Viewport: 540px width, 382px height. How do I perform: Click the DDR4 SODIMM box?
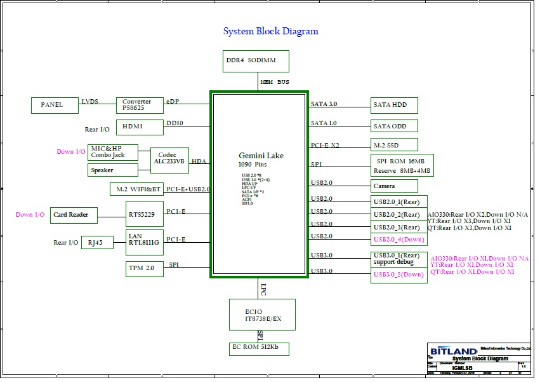pyautogui.click(x=256, y=61)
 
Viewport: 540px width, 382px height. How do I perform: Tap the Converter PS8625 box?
pyautogui.click(x=139, y=106)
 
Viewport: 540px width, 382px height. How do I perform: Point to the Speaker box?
pyautogui.click(x=113, y=170)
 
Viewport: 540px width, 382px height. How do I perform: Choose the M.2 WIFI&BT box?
pyautogui.click(x=136, y=189)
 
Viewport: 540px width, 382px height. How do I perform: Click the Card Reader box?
pyautogui.click(x=74, y=215)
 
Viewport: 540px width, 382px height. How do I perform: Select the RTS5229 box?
pyautogui.click(x=145, y=214)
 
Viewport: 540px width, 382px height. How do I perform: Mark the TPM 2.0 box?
pyautogui.click(x=145, y=268)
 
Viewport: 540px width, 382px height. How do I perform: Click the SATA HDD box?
pyautogui.click(x=394, y=106)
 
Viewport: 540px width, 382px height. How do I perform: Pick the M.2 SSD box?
pyautogui.click(x=394, y=145)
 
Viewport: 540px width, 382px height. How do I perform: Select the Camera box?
pyautogui.click(x=394, y=186)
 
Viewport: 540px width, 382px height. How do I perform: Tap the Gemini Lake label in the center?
pyautogui.click(x=261, y=156)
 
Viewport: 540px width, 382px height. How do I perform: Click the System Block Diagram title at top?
pyautogui.click(x=270, y=31)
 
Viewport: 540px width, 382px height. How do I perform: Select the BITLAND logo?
pyautogui.click(x=453, y=351)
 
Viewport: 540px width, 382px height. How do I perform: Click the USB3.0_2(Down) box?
pyautogui.click(x=398, y=275)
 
